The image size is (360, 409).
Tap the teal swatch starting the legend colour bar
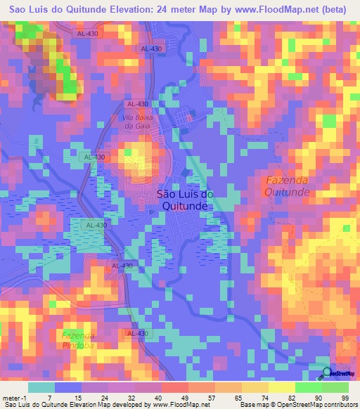coord(41,387)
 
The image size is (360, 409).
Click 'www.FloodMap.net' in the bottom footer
coord(179,404)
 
